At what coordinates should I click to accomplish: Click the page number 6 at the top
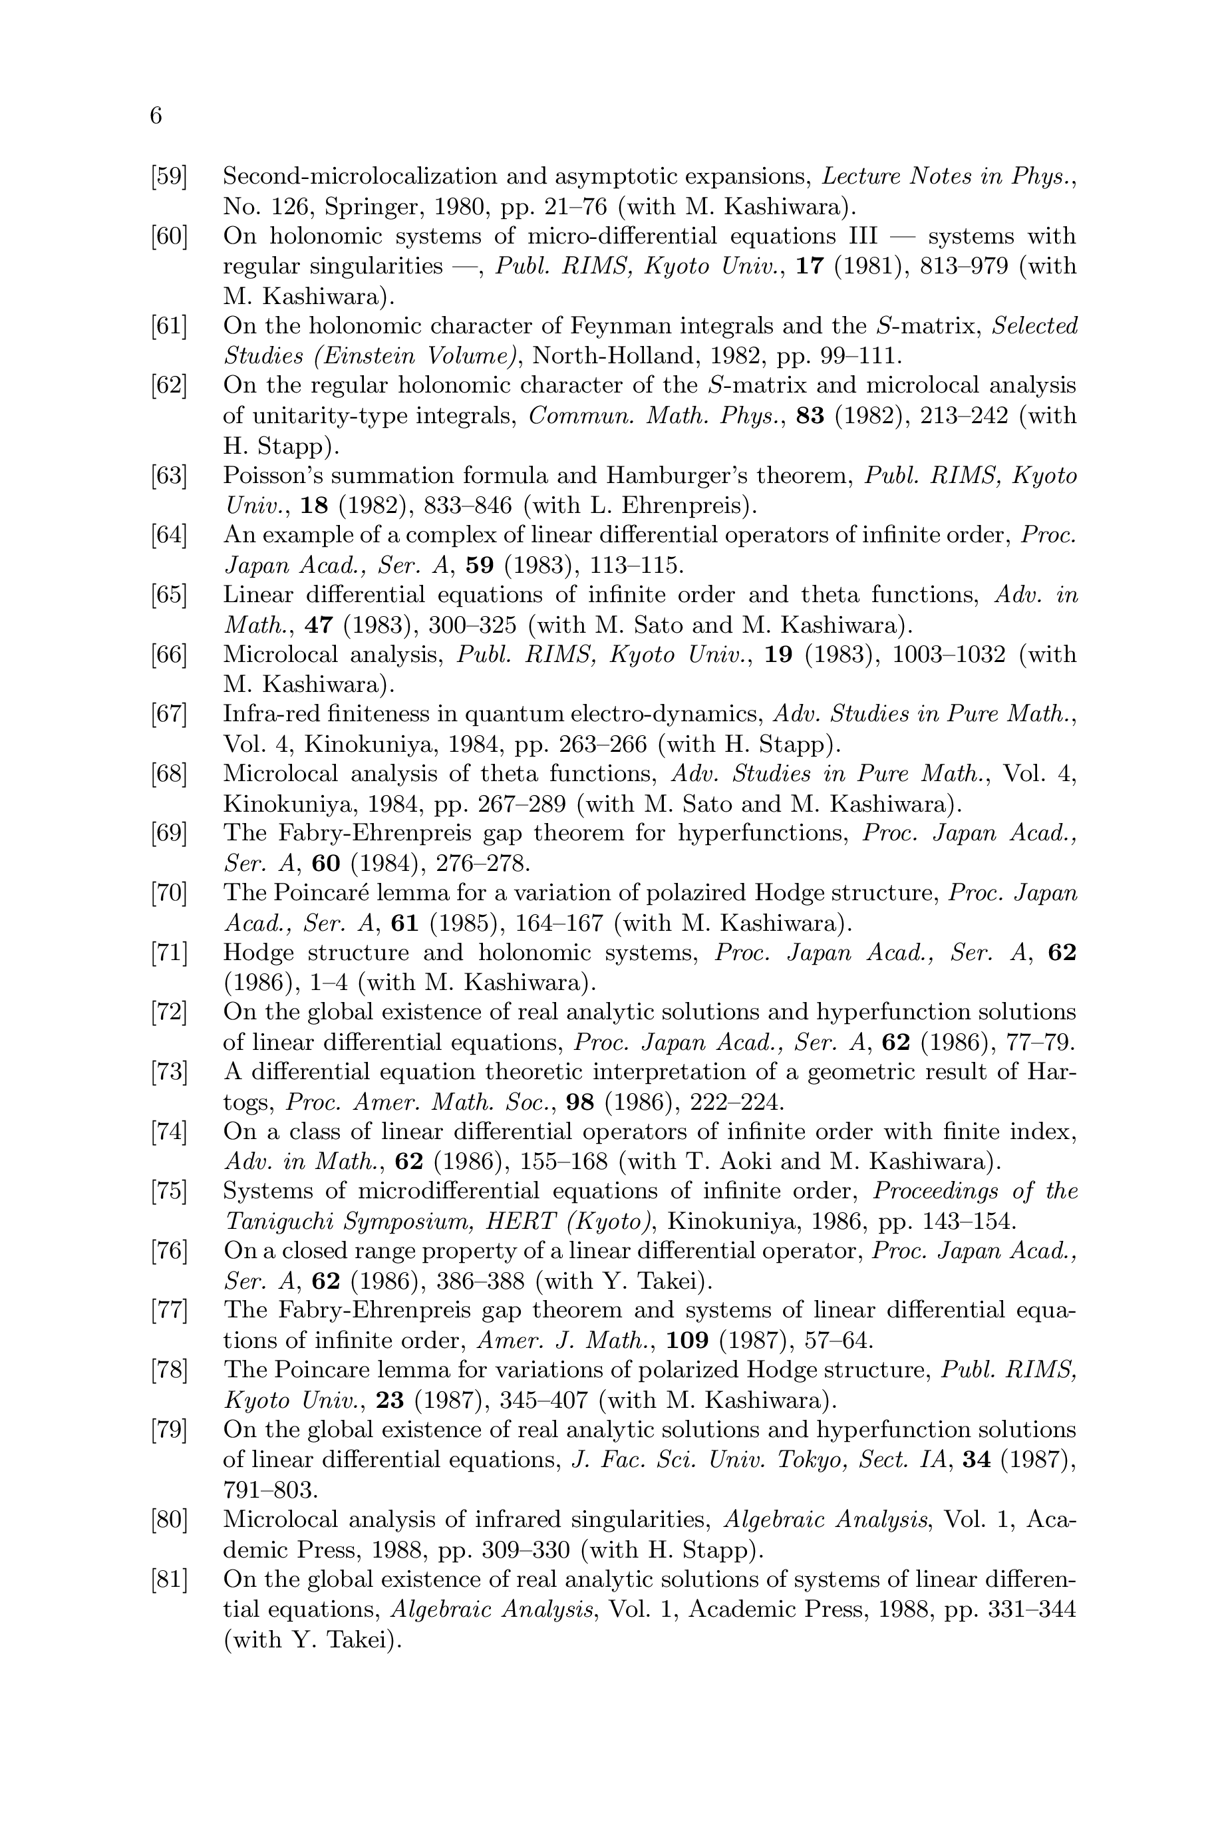tap(156, 116)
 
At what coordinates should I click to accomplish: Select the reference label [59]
tap(170, 176)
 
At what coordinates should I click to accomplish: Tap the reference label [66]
tap(170, 655)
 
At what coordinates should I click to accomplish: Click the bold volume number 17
tap(810, 266)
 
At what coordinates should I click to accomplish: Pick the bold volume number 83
tap(810, 416)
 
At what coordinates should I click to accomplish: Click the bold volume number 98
tap(580, 1102)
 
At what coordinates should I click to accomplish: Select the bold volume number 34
tap(977, 1460)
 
